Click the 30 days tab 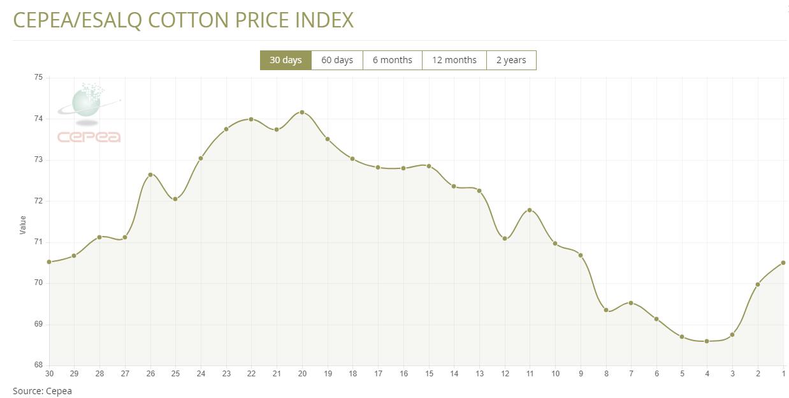(x=286, y=60)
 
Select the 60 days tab (x=337, y=60)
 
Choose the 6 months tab (x=393, y=60)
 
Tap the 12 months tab (x=454, y=60)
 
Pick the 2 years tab (x=511, y=60)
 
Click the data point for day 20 (x=302, y=112)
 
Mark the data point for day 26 (x=150, y=174)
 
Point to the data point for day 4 (x=707, y=341)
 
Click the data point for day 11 (x=530, y=210)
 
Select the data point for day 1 (x=783, y=263)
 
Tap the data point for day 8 (x=606, y=311)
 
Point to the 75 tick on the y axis (x=38, y=78)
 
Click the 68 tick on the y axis (x=38, y=365)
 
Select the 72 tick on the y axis (x=38, y=201)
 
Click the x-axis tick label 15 (x=429, y=374)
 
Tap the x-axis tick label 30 (x=49, y=374)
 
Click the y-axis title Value (x=23, y=224)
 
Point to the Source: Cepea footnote (x=42, y=391)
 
